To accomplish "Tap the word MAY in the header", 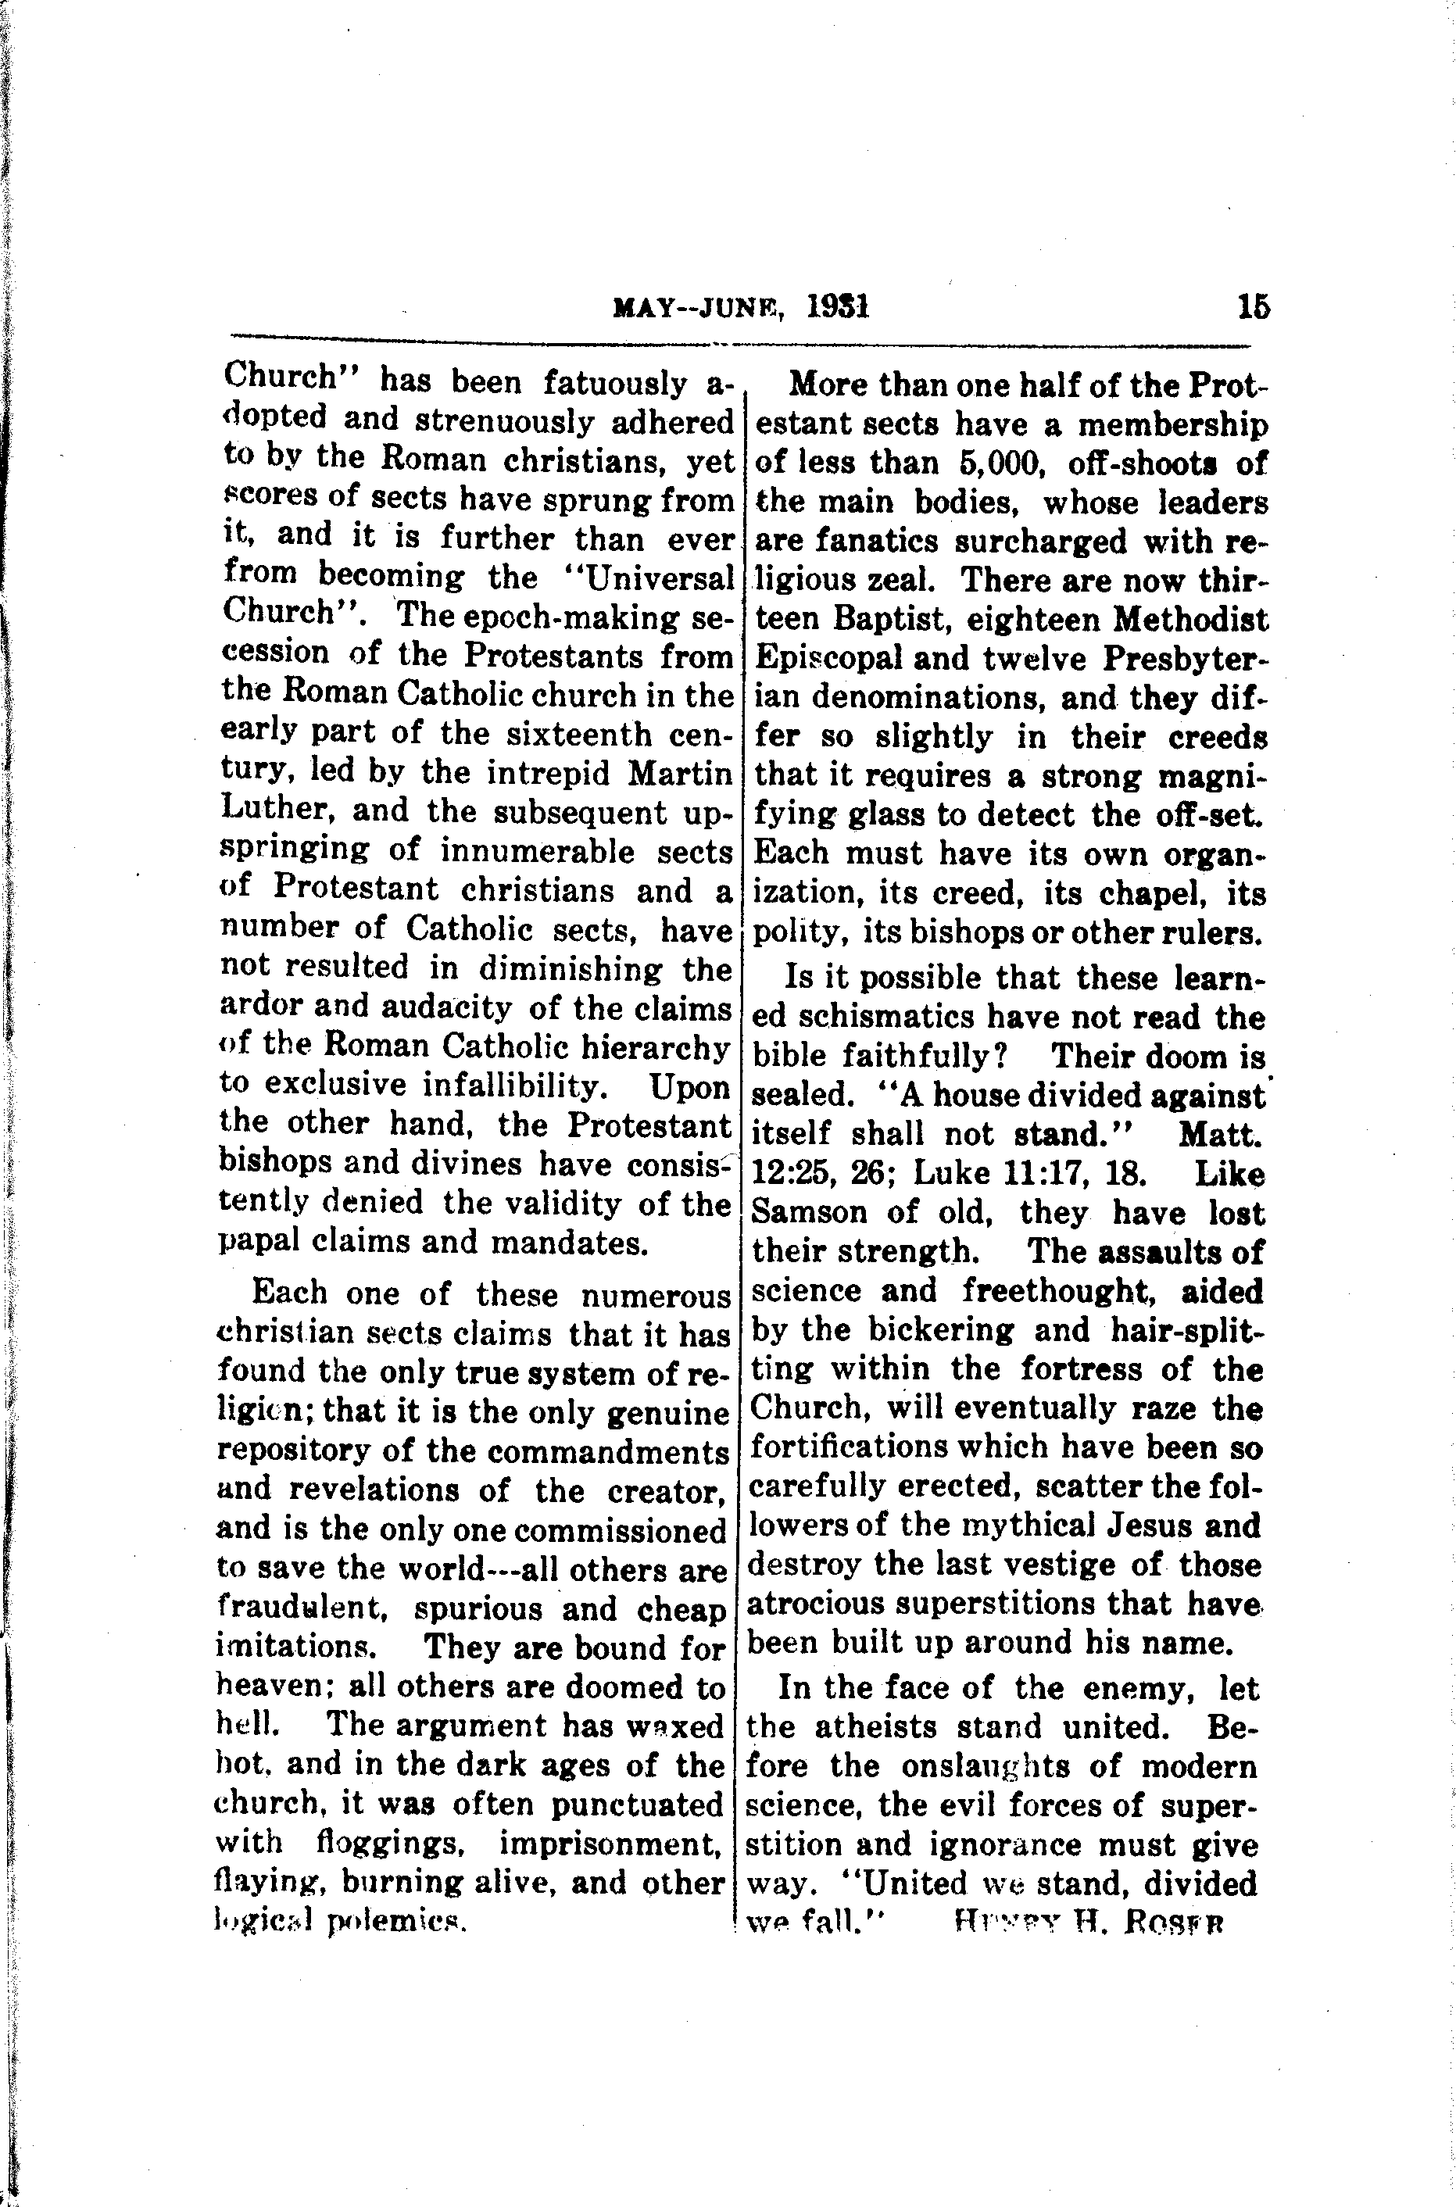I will (x=642, y=308).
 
